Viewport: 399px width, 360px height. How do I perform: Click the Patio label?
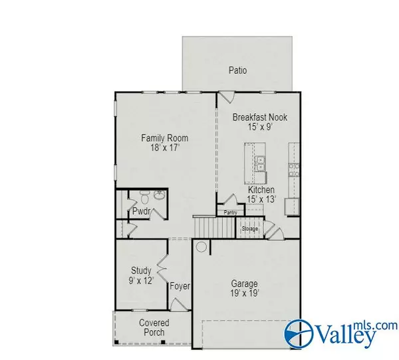[x=237, y=69]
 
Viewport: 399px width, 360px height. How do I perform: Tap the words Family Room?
[x=164, y=138]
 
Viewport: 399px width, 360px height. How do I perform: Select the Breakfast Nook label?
[x=259, y=117]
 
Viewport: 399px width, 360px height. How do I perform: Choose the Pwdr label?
[x=140, y=212]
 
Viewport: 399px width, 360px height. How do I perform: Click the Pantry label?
[x=231, y=213]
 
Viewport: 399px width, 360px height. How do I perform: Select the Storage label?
[x=249, y=229]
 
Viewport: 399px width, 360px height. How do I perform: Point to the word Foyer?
[x=180, y=287]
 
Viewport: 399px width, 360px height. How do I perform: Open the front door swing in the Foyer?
[x=180, y=303]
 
